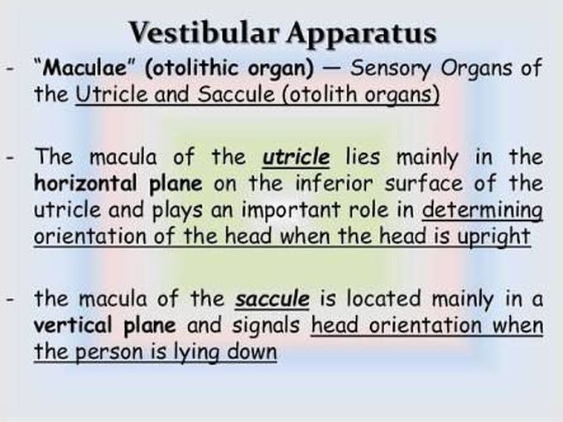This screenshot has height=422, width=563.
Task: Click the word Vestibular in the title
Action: click(x=204, y=32)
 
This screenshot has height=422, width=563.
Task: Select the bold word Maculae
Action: click(x=84, y=67)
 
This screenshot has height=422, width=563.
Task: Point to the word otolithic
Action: click(x=191, y=67)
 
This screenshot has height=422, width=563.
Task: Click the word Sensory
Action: click(x=390, y=69)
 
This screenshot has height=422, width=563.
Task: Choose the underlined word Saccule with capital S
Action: click(x=236, y=94)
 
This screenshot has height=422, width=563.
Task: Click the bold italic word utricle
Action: click(x=296, y=157)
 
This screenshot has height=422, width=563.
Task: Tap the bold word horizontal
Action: click(x=85, y=183)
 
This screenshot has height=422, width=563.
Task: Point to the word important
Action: click(x=290, y=211)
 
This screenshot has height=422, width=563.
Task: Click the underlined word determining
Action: click(x=482, y=211)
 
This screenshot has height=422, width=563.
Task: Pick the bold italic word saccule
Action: click(x=272, y=299)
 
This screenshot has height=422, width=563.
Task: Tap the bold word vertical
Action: click(x=72, y=325)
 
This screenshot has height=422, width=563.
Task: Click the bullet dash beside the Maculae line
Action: click(x=11, y=68)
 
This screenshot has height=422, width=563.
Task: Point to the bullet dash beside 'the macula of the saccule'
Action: click(x=11, y=299)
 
